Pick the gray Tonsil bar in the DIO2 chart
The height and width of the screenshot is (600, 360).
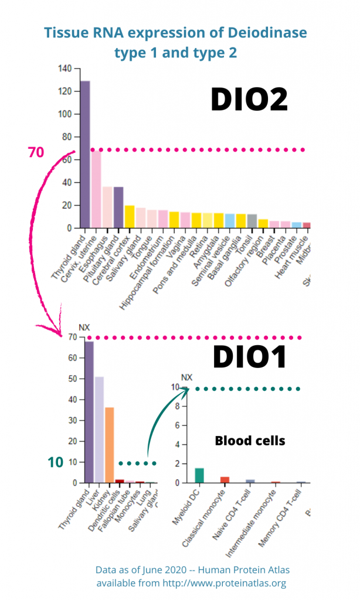point(252,221)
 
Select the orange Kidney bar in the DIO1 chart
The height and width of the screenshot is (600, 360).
point(109,445)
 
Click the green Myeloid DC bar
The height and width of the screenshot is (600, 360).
point(199,475)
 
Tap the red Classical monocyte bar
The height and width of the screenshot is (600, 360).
point(225,480)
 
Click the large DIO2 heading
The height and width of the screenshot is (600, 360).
point(249,100)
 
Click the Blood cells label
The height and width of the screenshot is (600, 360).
point(250,441)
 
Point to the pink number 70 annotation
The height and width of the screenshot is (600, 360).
point(36,152)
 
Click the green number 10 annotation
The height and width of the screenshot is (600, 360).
point(55,462)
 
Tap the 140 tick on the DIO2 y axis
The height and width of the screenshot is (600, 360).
point(64,69)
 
